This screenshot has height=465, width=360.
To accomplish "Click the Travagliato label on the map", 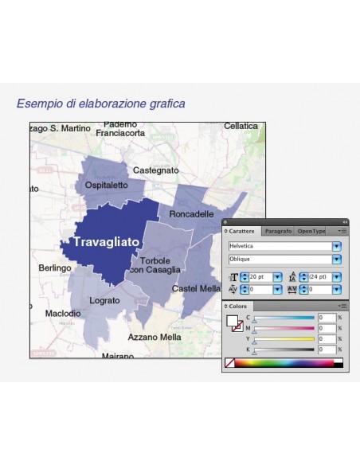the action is pos(106,240).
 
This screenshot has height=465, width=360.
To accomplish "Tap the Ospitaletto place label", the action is pos(106,185).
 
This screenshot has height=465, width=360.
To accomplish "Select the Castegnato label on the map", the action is pos(155,170).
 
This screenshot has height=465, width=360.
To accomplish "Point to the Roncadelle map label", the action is pos(191,214).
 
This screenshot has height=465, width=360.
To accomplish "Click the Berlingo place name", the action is pos(55,268).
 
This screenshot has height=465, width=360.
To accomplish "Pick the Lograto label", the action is pos(104,300).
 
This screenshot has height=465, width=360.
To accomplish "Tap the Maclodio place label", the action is pos(62,314).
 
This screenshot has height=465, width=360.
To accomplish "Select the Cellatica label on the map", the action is pos(241,126).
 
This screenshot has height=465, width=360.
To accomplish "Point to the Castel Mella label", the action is pos(197,288).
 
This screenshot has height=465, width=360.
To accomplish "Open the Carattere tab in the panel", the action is pos(242,231).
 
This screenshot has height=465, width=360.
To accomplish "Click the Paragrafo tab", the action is pos(278,231).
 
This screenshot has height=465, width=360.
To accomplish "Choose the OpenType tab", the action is pos(311,231).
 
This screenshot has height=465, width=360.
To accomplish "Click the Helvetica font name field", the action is pos(280,247).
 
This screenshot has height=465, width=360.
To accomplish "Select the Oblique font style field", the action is pos(280,260).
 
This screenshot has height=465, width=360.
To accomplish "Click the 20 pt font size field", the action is pos(260,277).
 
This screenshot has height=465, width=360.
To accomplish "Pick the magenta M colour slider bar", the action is pos(285,329).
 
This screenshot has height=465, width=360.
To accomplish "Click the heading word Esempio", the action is pos(38,104).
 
